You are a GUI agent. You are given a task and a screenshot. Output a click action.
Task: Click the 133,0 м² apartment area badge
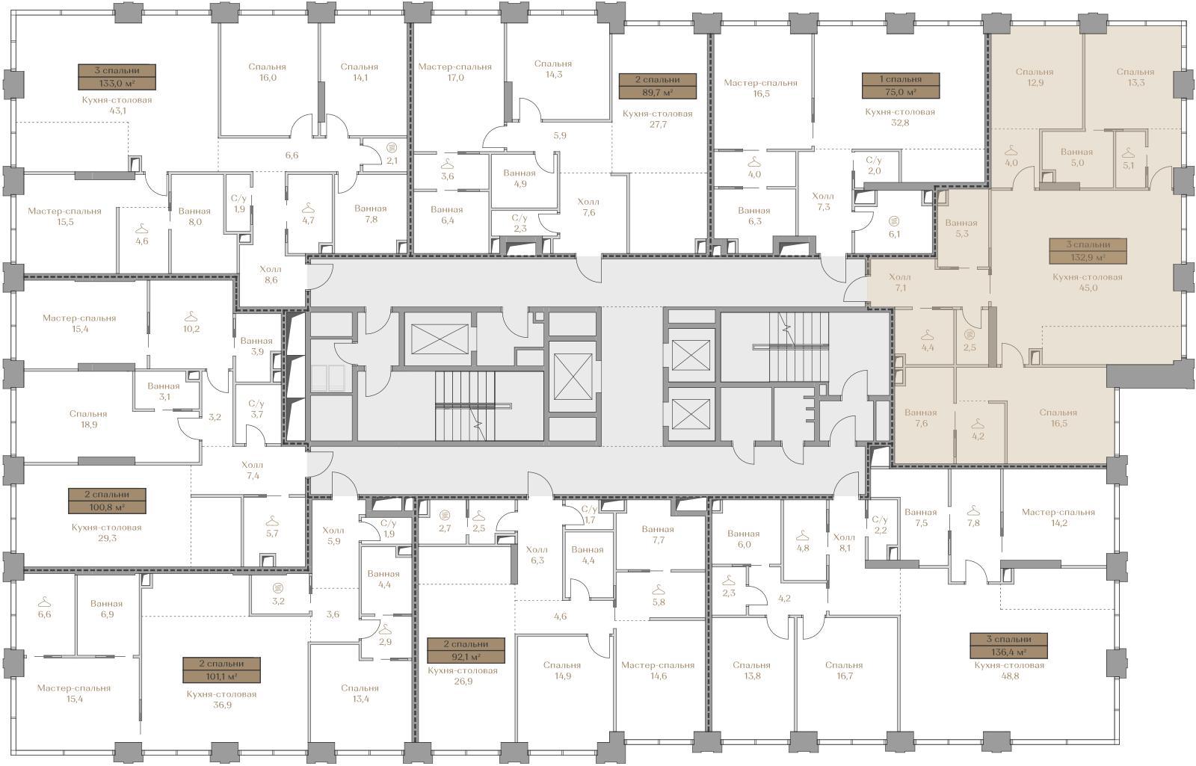117,77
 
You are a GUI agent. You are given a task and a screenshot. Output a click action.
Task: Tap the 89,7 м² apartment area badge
657,86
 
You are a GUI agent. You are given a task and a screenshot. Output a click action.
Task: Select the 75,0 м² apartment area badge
900,85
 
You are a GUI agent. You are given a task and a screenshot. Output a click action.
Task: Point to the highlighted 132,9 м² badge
1088,251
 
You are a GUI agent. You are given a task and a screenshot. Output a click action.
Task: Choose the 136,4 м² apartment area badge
1008,646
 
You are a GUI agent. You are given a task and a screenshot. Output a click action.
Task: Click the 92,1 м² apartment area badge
466,650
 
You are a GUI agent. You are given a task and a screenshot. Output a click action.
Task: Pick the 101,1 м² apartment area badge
221,670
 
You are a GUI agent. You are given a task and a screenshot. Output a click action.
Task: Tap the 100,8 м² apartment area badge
107,501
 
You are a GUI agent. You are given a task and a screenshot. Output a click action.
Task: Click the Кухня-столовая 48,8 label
1008,670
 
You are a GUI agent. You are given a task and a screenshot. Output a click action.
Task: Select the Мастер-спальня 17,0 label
455,72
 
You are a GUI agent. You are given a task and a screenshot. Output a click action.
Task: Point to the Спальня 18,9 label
88,419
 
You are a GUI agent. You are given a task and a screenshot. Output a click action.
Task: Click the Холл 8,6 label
270,274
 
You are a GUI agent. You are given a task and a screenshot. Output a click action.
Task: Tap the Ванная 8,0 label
194,216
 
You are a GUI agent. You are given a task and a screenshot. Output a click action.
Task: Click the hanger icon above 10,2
191,316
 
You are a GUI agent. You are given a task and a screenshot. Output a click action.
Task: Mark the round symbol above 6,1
894,221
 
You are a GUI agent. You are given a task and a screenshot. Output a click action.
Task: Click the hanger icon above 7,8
973,510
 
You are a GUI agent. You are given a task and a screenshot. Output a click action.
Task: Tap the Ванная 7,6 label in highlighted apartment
920,418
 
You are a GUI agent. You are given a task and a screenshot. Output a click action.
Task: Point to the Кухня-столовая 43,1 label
117,105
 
